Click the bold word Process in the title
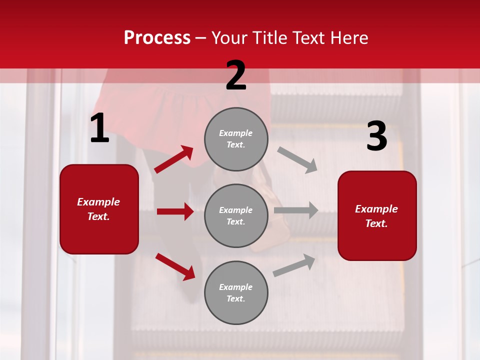(x=157, y=38)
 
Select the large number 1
(x=99, y=129)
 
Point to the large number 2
(x=236, y=75)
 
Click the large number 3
(x=376, y=136)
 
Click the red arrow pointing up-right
(x=174, y=159)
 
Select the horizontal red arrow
(x=175, y=211)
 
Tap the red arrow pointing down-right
(x=175, y=266)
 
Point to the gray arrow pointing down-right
(x=297, y=159)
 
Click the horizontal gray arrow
(x=296, y=210)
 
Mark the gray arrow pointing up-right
(x=294, y=265)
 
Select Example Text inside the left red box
(x=98, y=209)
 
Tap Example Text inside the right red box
(x=376, y=216)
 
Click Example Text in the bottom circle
(x=236, y=293)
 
